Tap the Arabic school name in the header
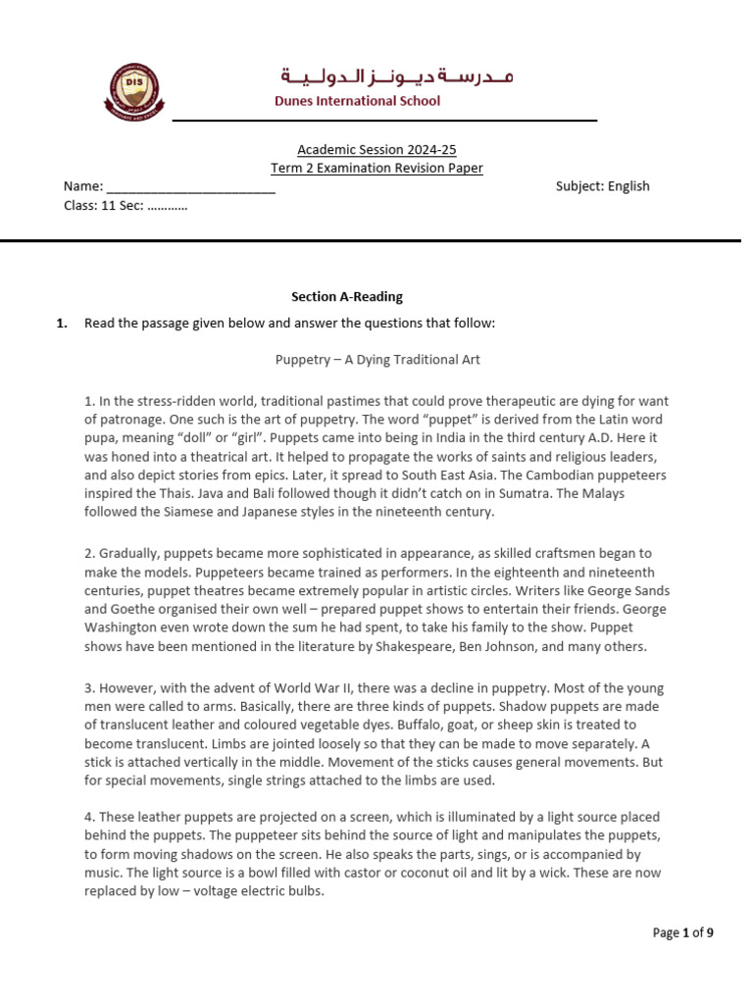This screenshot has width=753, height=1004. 397,75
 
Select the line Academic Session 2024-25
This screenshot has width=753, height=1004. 376,150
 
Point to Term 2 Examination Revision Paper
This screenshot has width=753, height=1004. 376,168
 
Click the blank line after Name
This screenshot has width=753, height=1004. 190,186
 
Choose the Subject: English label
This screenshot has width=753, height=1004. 602,186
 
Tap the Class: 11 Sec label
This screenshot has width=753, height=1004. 125,205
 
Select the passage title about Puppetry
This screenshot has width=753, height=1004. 377,360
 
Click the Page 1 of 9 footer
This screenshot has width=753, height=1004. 682,933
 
